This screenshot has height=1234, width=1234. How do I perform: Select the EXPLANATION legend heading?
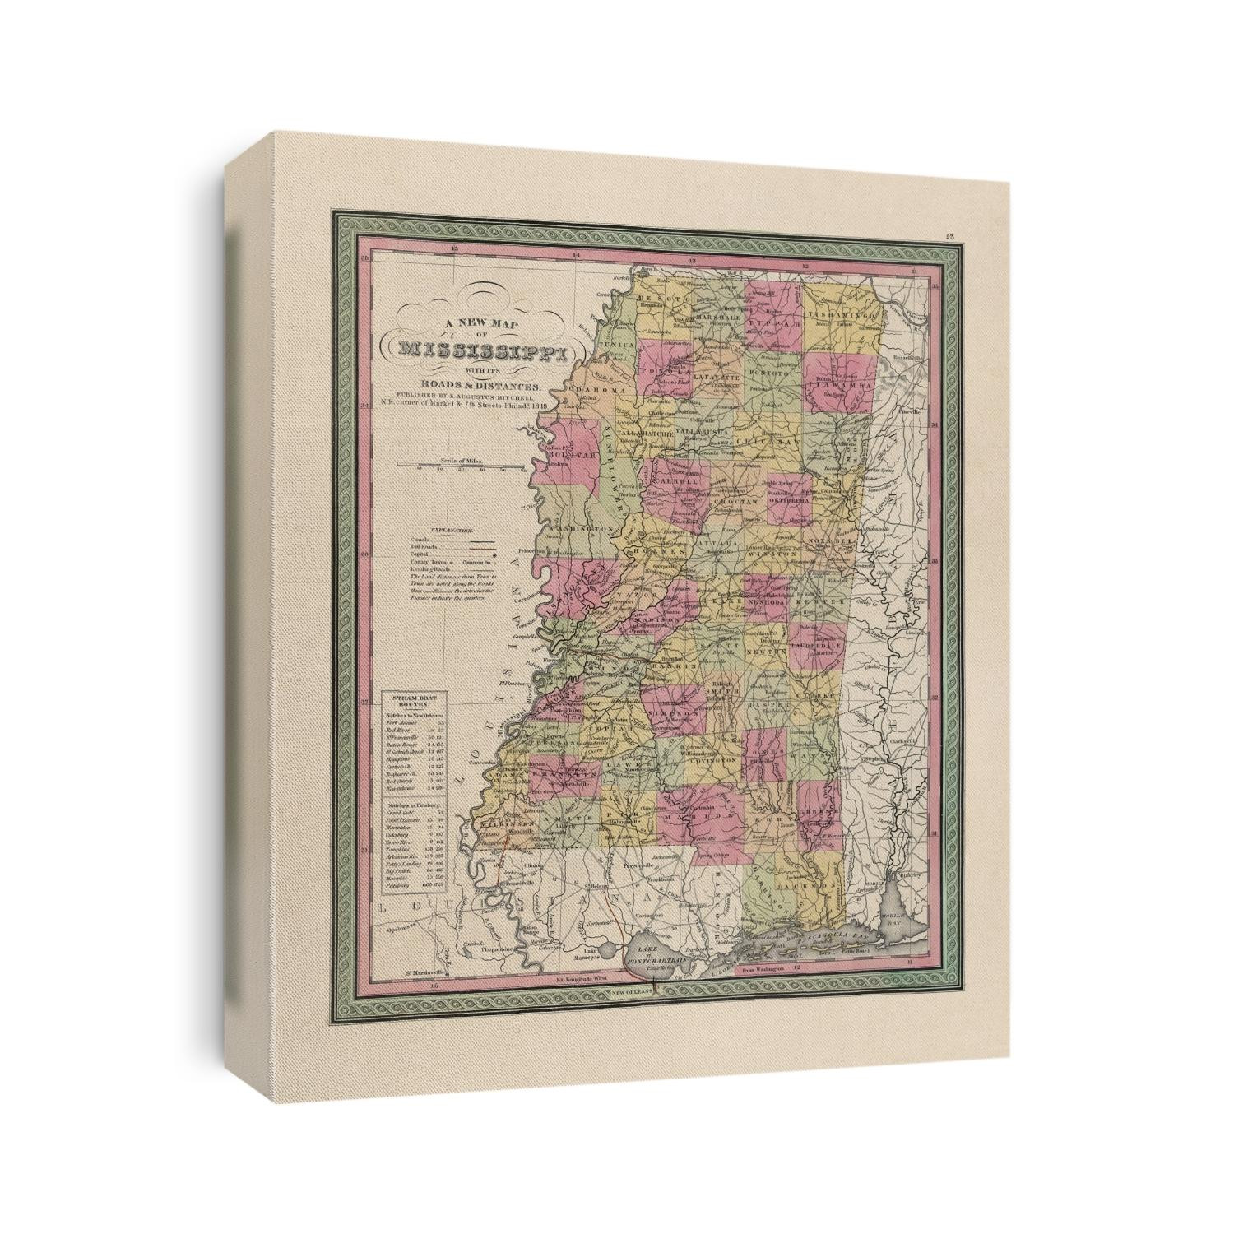[445, 531]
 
